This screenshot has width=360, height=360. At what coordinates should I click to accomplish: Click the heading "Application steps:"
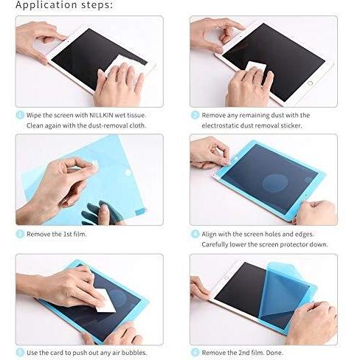64,6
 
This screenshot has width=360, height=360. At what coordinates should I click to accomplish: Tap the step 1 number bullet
20,115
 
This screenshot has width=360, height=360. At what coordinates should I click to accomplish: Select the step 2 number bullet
195,115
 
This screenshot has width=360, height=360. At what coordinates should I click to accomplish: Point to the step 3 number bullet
20,234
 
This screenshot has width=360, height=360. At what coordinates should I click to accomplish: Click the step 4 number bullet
195,234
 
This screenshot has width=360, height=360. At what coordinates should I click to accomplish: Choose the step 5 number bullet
20,353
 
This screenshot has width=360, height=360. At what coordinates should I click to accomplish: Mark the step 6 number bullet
195,353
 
